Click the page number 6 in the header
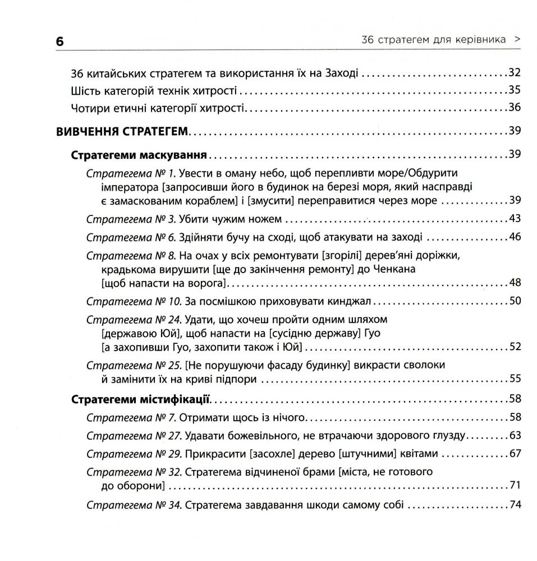point(60,43)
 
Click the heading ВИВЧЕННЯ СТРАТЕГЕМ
point(123,132)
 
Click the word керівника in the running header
point(482,40)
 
